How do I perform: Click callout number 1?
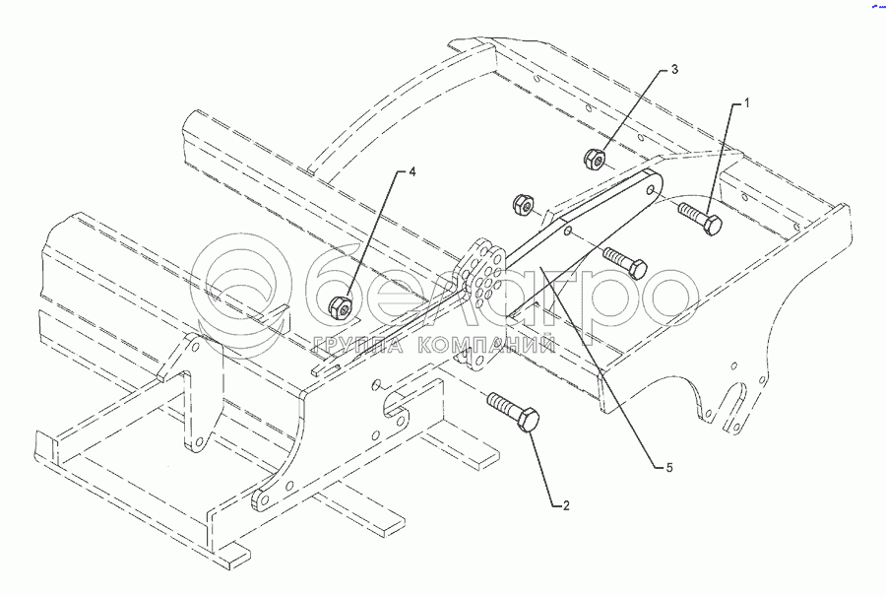coord(747,103)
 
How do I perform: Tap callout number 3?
coord(674,71)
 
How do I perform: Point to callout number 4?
coord(412,172)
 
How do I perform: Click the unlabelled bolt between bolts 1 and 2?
coord(626,262)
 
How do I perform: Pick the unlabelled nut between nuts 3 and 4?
coord(524,205)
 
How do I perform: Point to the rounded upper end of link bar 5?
coord(647,188)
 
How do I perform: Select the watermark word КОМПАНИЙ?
coord(486,346)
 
